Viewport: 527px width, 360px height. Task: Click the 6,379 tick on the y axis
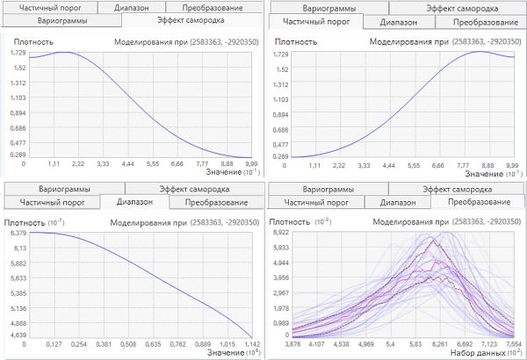18,233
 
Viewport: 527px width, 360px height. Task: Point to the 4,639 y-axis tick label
18,335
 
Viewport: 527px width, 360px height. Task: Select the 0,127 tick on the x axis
54,344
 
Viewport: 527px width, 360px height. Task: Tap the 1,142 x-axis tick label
252,344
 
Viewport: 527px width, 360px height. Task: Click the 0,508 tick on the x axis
128,344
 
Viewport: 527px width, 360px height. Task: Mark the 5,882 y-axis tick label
18,263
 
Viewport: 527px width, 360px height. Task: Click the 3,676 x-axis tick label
292,344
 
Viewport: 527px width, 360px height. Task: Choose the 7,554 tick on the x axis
514,344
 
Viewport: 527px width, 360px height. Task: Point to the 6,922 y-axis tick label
281,233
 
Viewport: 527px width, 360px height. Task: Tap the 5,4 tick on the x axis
391,344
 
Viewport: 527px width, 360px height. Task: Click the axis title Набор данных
478,353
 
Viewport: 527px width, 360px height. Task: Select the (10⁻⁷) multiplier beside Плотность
56,222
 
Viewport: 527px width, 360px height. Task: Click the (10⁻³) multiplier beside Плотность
323,222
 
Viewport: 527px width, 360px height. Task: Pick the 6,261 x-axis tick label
440,344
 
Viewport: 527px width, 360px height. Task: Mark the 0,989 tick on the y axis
281,323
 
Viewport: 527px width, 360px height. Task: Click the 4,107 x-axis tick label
316,344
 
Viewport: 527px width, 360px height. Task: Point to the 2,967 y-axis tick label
281,292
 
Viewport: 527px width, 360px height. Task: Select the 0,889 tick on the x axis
203,344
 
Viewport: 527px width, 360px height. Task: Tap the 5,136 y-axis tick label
18,308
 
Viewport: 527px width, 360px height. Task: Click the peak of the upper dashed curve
433,240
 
